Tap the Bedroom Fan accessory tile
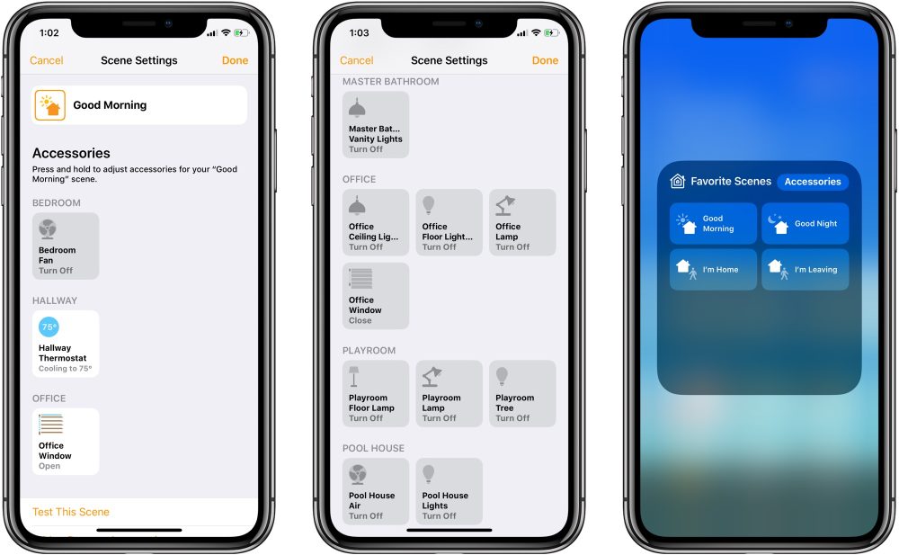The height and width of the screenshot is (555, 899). tap(66, 246)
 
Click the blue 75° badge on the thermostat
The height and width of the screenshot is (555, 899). tap(49, 327)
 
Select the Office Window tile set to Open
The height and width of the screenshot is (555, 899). tap(66, 442)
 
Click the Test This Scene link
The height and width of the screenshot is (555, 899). tap(70, 512)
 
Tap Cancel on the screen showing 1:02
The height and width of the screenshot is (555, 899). tap(47, 60)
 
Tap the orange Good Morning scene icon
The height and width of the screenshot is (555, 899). tap(49, 105)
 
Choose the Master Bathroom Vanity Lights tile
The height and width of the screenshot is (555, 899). tap(376, 124)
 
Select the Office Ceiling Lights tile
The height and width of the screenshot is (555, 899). tap(376, 222)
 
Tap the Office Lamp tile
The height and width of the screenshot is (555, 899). tap(522, 222)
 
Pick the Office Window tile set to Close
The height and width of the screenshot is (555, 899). tap(376, 296)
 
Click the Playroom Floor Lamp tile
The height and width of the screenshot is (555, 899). tap(376, 393)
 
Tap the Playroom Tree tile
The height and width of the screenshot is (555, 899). tap(522, 393)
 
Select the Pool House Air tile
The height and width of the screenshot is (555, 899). tap(376, 491)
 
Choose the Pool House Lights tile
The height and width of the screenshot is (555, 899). tap(449, 491)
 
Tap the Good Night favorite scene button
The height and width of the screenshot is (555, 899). tap(805, 223)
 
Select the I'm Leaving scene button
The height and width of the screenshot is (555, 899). tap(805, 269)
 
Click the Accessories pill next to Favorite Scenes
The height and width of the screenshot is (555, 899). tap(813, 182)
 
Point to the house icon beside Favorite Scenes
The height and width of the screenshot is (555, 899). tap(678, 181)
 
